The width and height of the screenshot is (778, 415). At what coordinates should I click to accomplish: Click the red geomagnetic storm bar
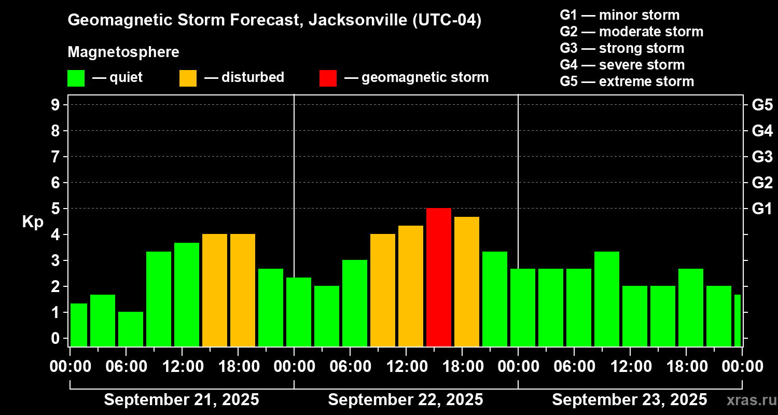pyautogui.click(x=438, y=277)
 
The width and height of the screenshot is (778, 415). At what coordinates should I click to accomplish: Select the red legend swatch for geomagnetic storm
pyautogui.click(x=328, y=78)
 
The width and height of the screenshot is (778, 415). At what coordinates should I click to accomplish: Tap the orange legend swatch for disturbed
pyautogui.click(x=188, y=78)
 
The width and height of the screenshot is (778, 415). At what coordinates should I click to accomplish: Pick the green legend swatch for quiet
pyautogui.click(x=76, y=78)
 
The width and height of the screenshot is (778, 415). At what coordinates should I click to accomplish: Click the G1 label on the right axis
pyautogui.click(x=762, y=209)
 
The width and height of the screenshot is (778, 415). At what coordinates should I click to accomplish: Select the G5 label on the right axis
pyautogui.click(x=762, y=105)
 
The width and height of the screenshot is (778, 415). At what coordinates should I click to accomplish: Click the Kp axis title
pyautogui.click(x=33, y=222)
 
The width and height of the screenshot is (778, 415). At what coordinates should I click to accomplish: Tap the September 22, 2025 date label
pyautogui.click(x=406, y=399)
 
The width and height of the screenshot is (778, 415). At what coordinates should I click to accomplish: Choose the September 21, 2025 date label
pyautogui.click(x=182, y=399)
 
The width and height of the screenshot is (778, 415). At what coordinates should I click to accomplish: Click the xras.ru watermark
pyautogui.click(x=749, y=400)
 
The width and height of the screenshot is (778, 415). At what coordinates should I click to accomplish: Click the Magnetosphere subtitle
pyautogui.click(x=123, y=52)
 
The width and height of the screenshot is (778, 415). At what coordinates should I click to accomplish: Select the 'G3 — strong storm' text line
pyautogui.click(x=622, y=48)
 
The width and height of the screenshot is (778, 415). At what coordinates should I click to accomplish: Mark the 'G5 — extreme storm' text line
pyautogui.click(x=627, y=81)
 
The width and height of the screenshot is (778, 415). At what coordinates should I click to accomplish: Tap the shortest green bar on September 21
pyautogui.click(x=131, y=329)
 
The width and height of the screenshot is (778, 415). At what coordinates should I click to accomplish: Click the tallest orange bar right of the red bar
pyautogui.click(x=466, y=281)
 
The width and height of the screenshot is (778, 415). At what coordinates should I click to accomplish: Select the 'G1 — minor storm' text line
pyautogui.click(x=619, y=15)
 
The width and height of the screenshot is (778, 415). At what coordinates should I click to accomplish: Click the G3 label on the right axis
pyautogui.click(x=762, y=157)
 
